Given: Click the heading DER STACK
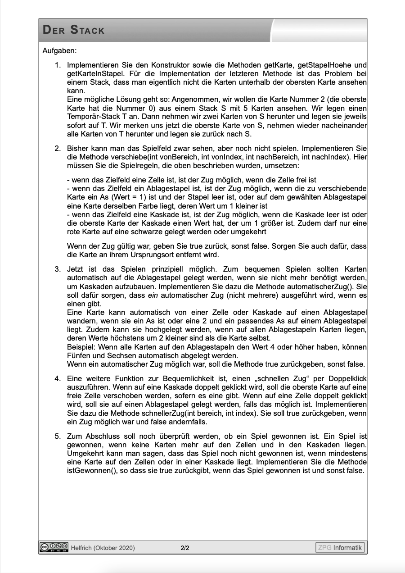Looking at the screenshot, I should tap(73, 31).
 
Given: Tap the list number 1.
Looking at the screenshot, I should tap(58, 65).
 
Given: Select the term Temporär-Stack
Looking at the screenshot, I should tap(90, 116).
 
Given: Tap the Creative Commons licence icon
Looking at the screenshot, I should tap(54, 547).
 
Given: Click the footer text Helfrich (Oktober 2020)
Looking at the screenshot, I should tap(103, 548).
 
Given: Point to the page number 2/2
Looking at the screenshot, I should tap(185, 548).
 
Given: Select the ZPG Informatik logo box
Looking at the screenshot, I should tap(340, 548).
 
